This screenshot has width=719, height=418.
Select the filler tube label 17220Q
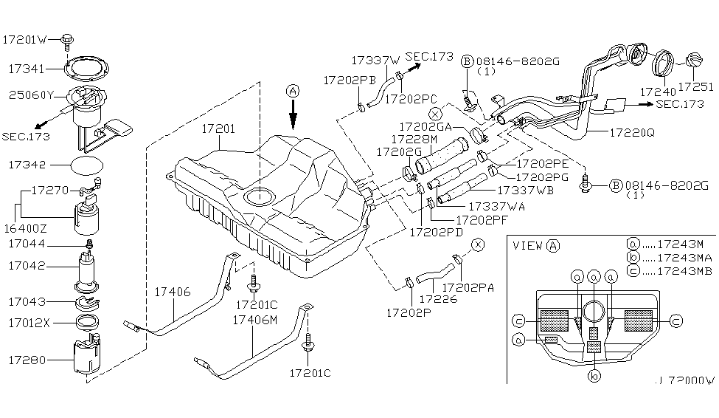632,134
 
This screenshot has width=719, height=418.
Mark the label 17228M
414,139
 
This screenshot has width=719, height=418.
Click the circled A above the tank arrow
293,92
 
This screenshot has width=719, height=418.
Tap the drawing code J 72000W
685,381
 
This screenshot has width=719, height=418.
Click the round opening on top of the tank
258,196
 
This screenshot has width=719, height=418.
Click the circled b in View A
594,375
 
